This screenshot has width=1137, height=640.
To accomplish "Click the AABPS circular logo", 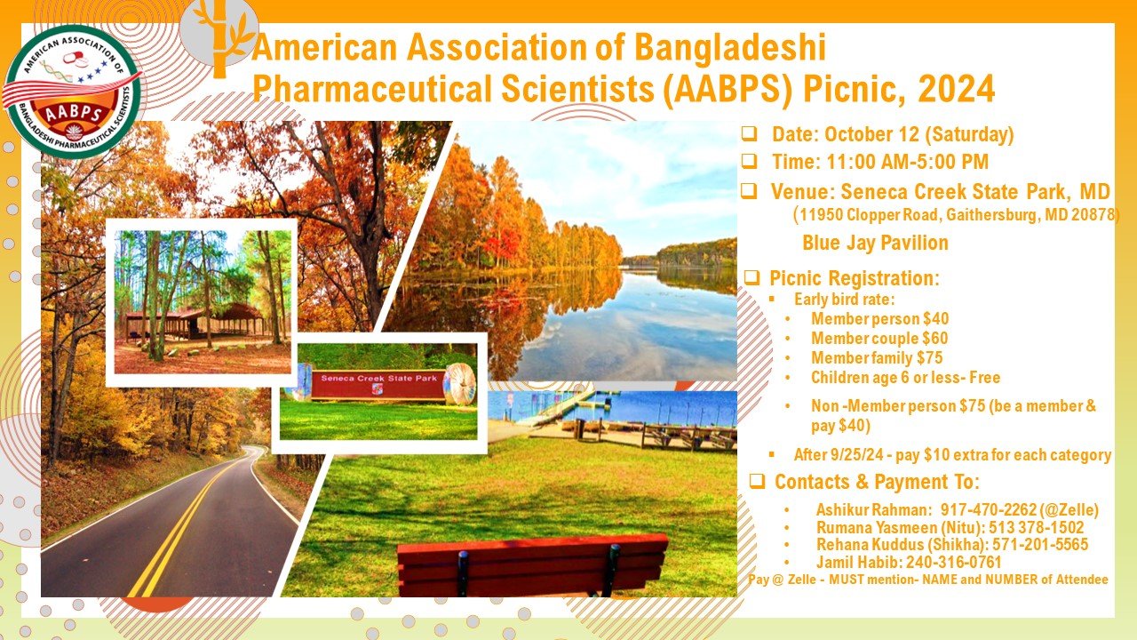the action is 72,92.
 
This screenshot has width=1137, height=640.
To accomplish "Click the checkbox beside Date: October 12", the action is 749,133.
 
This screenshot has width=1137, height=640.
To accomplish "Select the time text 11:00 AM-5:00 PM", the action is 908,162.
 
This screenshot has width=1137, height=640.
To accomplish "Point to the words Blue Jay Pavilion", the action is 875,243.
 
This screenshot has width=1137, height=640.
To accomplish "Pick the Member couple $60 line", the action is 879,339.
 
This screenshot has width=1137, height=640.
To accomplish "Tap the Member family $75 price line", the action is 877,357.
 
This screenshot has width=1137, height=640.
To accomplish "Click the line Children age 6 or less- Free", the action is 905,378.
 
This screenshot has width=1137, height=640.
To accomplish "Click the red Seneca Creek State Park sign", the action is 378,385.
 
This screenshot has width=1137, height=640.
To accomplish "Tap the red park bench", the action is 532,564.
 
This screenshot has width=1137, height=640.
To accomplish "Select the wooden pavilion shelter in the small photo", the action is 195,321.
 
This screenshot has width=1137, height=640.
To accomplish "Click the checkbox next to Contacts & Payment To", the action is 757,481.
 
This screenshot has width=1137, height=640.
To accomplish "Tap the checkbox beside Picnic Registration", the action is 751,278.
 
